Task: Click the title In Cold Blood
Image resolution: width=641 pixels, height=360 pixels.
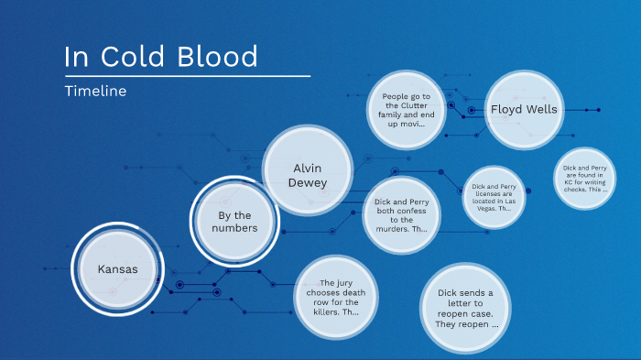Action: (x=161, y=57)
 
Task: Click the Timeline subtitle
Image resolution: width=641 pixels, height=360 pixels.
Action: (x=95, y=92)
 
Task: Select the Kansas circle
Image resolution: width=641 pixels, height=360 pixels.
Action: (x=117, y=269)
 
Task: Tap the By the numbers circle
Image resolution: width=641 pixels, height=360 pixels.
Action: (x=236, y=222)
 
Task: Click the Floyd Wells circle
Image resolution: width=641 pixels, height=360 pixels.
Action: (x=523, y=109)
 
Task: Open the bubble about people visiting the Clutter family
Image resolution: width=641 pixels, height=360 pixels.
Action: (x=407, y=109)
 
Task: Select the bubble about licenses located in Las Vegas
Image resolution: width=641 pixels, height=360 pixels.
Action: (x=494, y=197)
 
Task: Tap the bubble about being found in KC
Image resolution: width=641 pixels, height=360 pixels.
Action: (x=585, y=179)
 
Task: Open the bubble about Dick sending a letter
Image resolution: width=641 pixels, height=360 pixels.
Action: (x=465, y=309)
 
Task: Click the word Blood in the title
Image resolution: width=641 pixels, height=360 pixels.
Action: (x=223, y=57)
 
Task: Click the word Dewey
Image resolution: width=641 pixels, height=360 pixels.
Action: (x=308, y=182)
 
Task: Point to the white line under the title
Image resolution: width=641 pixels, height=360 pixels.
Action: (x=187, y=75)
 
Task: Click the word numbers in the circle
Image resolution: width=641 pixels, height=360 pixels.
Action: (x=236, y=228)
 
